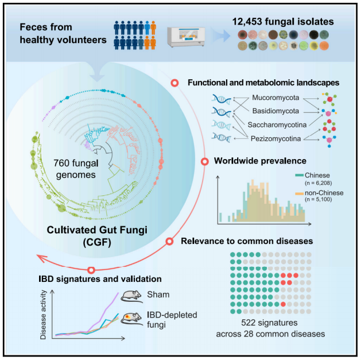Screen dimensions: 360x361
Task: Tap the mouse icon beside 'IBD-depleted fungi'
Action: (x=133, y=321)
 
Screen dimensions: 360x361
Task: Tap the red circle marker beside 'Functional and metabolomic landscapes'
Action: (x=174, y=83)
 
